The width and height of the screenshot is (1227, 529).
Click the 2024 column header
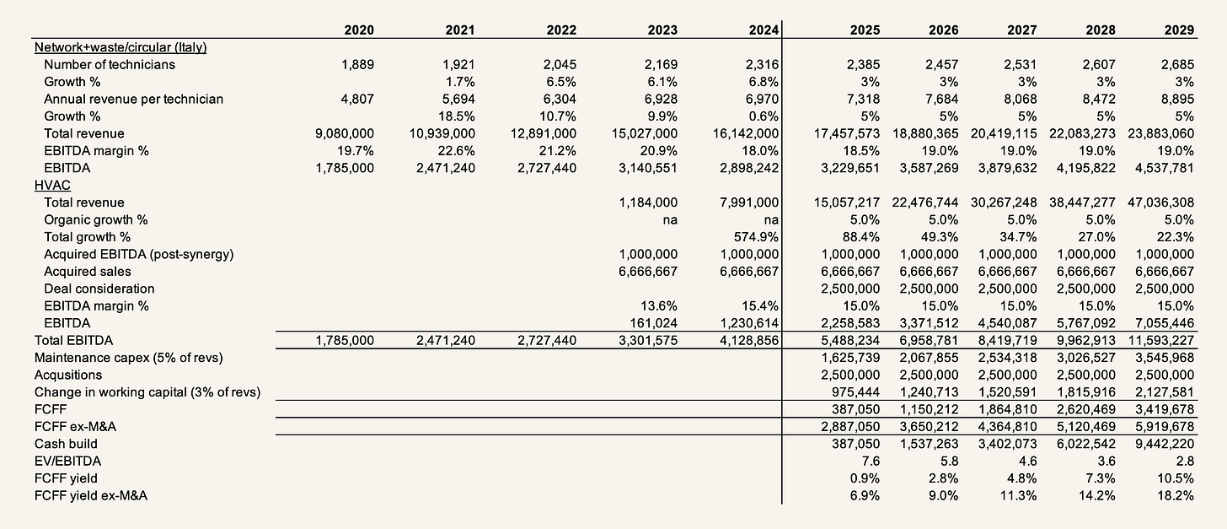(x=760, y=30)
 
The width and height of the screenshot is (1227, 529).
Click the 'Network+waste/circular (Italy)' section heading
(x=121, y=47)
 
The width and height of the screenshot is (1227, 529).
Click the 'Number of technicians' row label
(x=110, y=64)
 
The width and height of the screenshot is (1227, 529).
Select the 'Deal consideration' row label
(x=99, y=289)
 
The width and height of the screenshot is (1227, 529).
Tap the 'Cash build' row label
(x=66, y=444)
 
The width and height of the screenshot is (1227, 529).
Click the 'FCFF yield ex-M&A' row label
(x=91, y=495)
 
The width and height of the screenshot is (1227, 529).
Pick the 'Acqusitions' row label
(x=68, y=375)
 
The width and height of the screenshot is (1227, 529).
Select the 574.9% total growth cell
(x=758, y=237)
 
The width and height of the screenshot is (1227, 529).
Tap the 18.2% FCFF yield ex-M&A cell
(x=1176, y=495)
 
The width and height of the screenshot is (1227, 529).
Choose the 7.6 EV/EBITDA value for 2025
(x=871, y=461)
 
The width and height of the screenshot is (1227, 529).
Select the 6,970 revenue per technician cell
(x=759, y=99)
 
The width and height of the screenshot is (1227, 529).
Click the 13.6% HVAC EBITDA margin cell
(x=659, y=305)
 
